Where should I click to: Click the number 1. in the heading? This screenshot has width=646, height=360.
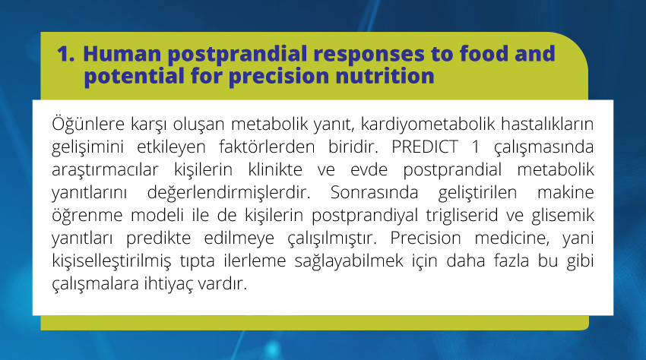[x=65, y=54]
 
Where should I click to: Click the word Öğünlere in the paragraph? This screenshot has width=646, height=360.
[x=88, y=124]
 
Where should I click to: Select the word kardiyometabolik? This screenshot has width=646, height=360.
[x=428, y=124]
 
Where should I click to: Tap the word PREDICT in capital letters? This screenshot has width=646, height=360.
[x=425, y=147]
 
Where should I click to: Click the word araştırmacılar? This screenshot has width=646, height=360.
[x=105, y=169]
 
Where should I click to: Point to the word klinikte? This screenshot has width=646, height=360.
[x=275, y=169]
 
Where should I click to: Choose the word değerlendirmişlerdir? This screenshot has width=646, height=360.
[x=229, y=192]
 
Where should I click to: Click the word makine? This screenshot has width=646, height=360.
[x=565, y=192]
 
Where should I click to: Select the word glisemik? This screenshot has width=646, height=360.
[x=562, y=216]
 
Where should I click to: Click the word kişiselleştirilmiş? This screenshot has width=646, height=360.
[x=111, y=261]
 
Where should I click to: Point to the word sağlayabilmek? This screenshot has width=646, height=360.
[x=349, y=261]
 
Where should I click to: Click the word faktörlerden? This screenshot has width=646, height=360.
[x=267, y=147]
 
